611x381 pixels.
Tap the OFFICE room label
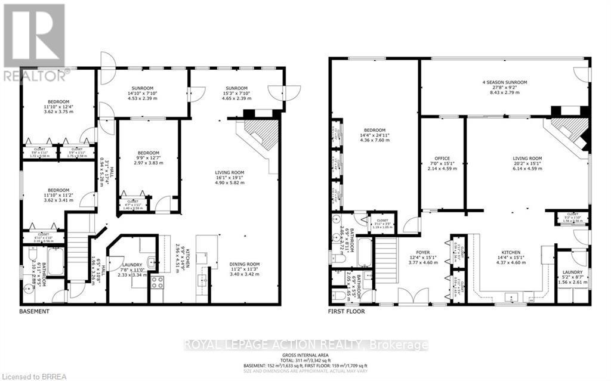click(x=442, y=158)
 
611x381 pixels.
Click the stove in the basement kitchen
click(x=157, y=282)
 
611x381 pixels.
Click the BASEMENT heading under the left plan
click(x=35, y=311)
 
